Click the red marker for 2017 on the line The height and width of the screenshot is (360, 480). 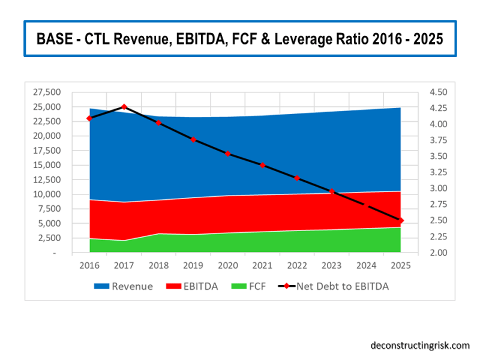tap(124, 107)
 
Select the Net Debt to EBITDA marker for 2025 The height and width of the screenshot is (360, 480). tap(400, 221)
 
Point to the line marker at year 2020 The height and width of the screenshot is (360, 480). tap(228, 154)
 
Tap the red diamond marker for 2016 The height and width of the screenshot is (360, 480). tap(89, 118)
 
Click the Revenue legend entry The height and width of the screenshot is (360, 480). tap(123, 286)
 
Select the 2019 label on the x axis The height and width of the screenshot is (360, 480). tap(193, 265)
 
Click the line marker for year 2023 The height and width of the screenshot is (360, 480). tap(331, 191)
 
